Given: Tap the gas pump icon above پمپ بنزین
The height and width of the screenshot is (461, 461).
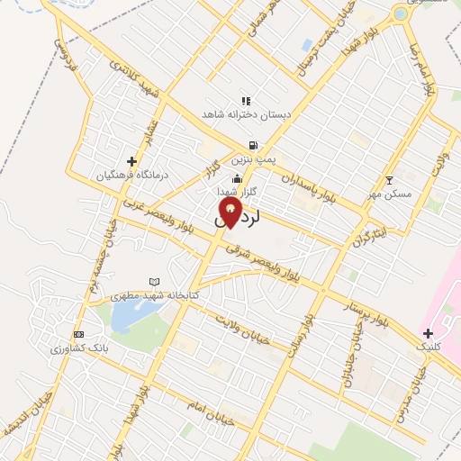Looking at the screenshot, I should (x=254, y=145).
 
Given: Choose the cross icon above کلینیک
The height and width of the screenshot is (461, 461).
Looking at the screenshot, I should (x=427, y=333).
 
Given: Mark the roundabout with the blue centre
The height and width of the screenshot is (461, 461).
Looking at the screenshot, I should (x=400, y=14).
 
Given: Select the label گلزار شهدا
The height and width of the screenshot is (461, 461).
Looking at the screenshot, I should (x=237, y=192).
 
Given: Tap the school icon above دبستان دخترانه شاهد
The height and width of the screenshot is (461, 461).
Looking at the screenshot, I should (x=245, y=101).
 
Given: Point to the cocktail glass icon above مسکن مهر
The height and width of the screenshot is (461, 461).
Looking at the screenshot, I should (x=389, y=180).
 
